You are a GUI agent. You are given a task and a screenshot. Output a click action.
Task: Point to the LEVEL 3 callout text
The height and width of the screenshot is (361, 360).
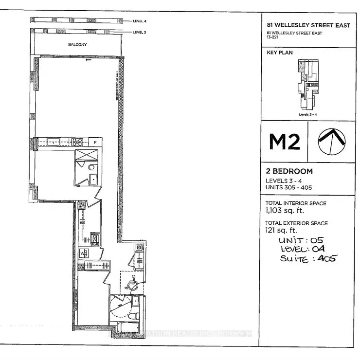[139, 32]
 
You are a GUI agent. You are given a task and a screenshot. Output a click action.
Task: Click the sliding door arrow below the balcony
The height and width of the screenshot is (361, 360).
[88, 61]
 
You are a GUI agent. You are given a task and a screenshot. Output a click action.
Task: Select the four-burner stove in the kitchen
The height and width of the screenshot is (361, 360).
[77, 143]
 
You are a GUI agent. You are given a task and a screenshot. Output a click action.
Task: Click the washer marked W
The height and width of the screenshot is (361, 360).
[83, 253]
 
